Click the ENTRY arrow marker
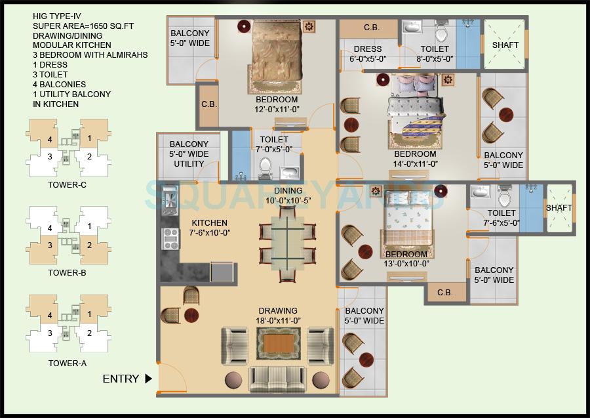(148, 378)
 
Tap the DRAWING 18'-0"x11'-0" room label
(277, 316)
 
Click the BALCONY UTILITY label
(189, 154)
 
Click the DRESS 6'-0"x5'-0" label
(368, 54)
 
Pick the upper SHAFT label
(505, 45)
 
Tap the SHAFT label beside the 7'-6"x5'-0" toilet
(559, 208)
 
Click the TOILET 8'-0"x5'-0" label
(435, 54)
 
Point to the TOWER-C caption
(68, 186)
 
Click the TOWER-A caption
(68, 362)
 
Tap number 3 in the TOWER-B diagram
(49, 245)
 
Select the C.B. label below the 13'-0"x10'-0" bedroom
(444, 292)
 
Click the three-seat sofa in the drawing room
(278, 379)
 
